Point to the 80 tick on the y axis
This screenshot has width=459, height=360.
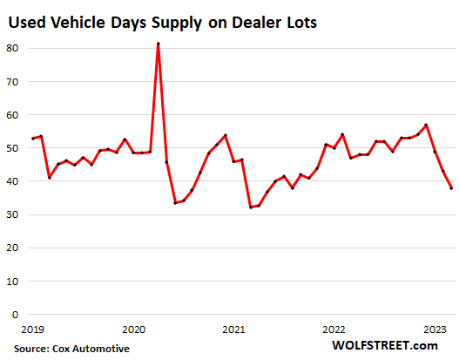[12, 49]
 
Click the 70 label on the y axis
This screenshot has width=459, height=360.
[12, 82]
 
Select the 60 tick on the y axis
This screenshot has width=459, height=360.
[12, 115]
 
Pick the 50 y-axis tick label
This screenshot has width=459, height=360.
[12, 148]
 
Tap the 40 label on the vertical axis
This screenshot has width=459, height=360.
[12, 181]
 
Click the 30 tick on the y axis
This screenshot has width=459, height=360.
[12, 214]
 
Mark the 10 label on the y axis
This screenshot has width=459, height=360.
[12, 282]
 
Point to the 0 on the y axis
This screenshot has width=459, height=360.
[16, 315]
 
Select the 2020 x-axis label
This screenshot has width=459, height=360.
[134, 330]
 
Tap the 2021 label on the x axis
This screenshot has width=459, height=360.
[233, 330]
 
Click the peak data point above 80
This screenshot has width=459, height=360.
[159, 44]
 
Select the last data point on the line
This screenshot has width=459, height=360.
[451, 188]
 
